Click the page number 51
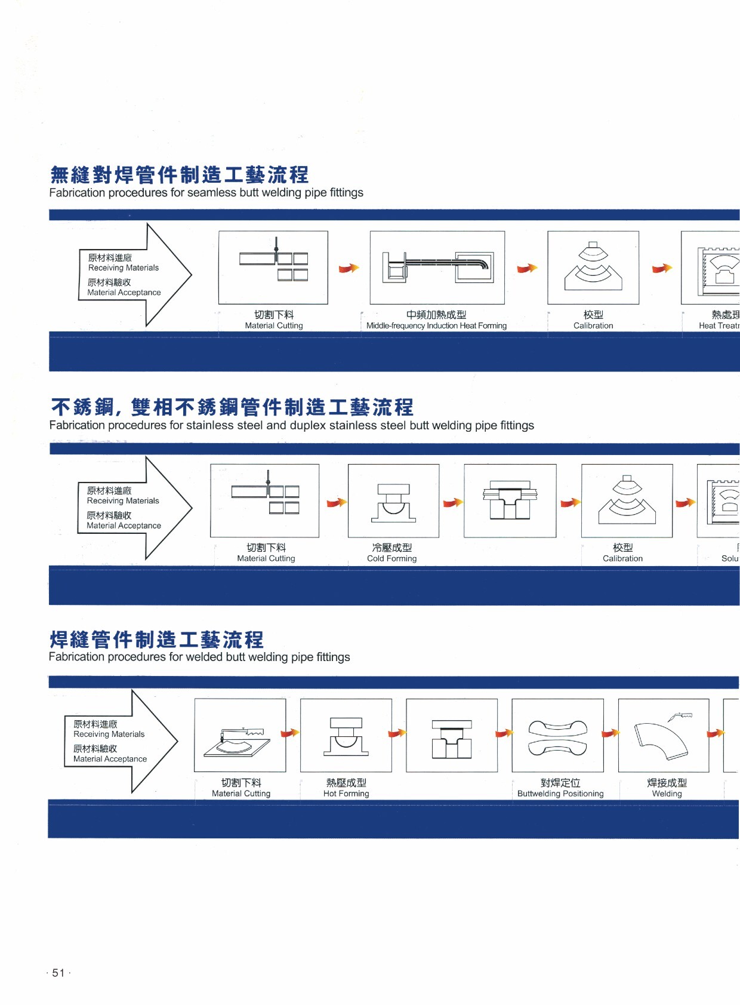58,973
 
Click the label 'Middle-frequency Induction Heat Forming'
436,325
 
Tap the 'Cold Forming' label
391,558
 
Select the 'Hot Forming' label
346,794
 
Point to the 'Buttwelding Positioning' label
560,794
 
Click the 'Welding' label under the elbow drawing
667,794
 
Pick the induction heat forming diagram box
437,268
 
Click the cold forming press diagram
393,500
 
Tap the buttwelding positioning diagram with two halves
557,735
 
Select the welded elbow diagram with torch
664,735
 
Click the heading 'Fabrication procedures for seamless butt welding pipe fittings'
206,193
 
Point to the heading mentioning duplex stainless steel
291,425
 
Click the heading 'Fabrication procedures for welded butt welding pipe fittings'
199,657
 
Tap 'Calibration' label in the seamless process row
593,325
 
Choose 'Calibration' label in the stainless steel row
622,558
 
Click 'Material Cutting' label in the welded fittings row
241,794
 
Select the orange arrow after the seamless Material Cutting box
349,268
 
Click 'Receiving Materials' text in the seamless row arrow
124,268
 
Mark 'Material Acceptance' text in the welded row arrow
110,759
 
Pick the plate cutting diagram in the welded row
240,735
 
